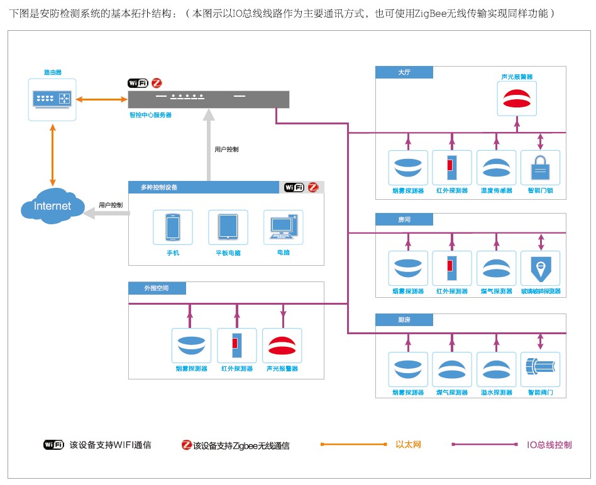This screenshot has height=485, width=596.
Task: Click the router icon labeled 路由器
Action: click(x=52, y=99)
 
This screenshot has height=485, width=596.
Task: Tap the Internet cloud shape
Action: click(x=52, y=205)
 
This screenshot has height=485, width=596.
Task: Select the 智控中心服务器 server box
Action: click(x=209, y=99)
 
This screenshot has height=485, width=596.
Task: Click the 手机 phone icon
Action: click(x=173, y=227)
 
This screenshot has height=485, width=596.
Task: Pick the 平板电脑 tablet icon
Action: click(x=228, y=227)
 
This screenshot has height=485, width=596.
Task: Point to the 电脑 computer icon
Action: click(x=283, y=227)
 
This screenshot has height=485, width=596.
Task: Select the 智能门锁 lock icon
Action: click(x=540, y=168)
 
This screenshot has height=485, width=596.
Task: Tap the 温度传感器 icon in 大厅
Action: click(x=496, y=168)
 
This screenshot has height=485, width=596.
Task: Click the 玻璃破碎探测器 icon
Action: click(x=540, y=269)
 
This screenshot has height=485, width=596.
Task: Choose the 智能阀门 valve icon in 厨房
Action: click(x=540, y=370)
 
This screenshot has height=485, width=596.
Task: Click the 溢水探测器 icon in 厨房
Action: click(x=496, y=370)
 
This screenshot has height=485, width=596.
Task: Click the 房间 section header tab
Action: click(x=405, y=219)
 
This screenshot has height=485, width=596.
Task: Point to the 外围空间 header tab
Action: click(x=157, y=288)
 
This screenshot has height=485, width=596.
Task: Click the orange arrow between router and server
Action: click(x=101, y=99)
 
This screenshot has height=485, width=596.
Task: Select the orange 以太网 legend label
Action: click(x=408, y=445)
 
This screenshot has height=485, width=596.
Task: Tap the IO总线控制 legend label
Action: click(x=549, y=445)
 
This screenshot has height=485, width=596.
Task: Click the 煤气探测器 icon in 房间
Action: click(x=496, y=269)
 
